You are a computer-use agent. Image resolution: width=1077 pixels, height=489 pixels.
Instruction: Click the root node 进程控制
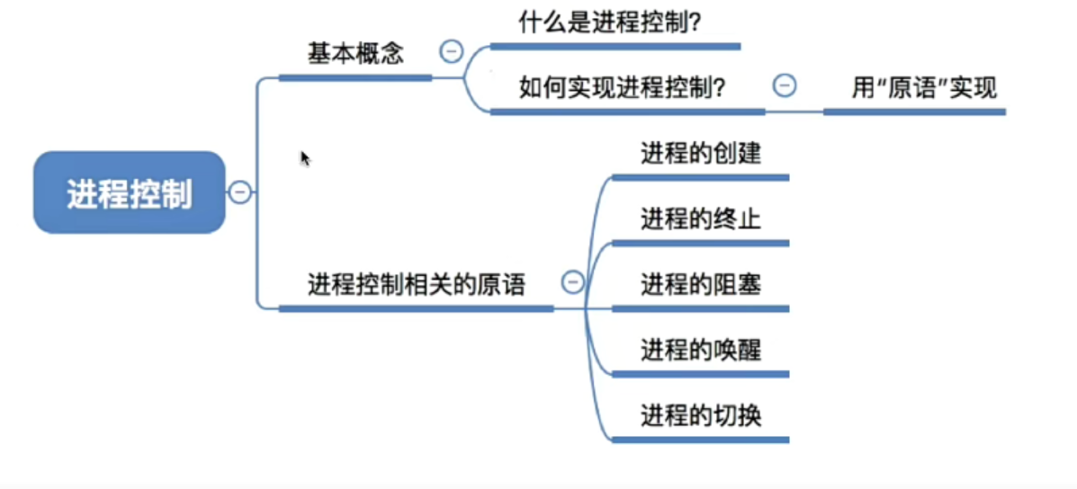(130, 192)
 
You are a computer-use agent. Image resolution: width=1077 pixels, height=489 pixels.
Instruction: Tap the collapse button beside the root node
(239, 192)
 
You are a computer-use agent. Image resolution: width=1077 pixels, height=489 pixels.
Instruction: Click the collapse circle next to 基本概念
(452, 50)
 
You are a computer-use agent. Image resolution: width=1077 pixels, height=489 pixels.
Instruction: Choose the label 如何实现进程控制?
(624, 88)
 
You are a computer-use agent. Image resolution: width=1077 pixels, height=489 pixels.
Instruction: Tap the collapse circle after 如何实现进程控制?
(785, 85)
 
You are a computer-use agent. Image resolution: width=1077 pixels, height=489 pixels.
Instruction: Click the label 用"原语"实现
(924, 88)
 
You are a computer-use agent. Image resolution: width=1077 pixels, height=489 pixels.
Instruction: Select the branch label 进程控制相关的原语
(417, 284)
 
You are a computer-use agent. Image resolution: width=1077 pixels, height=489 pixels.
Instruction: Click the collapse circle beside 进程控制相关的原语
(573, 281)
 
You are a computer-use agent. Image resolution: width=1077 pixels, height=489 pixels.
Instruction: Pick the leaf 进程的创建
(701, 153)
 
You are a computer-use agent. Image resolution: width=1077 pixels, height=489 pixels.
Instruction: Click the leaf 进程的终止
(701, 218)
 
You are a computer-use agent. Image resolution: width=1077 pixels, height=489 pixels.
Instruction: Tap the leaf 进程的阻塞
(701, 284)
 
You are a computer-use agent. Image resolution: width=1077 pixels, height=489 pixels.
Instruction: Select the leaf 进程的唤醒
(701, 350)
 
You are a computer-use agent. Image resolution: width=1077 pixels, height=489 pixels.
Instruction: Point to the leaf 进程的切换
(701, 415)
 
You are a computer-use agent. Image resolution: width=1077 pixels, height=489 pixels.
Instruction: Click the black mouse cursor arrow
(305, 158)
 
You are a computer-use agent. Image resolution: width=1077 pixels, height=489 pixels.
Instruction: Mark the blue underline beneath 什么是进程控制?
(615, 47)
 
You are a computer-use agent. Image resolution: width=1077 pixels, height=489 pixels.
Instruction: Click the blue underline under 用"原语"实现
(914, 111)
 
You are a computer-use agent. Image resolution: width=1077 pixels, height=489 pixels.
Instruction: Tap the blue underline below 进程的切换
(701, 440)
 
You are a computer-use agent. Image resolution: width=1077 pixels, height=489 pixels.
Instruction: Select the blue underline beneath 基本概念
(355, 78)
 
